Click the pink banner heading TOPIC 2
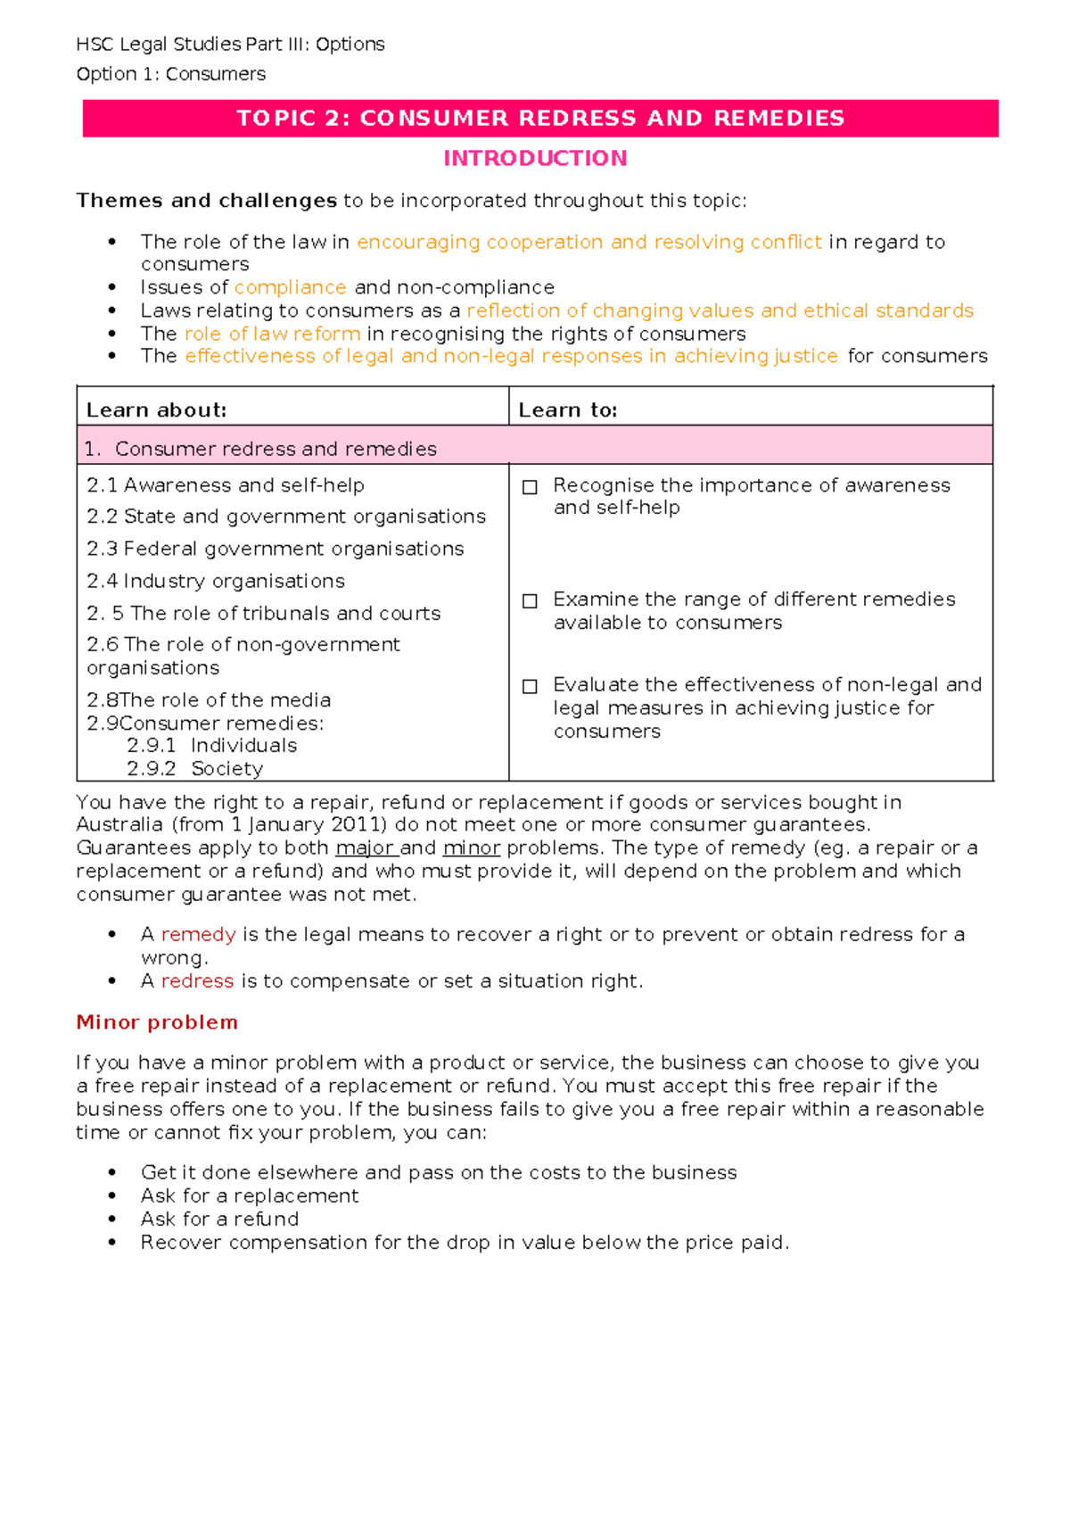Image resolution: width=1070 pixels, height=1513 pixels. tap(539, 119)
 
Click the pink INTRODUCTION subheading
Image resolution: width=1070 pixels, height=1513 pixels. tap(535, 159)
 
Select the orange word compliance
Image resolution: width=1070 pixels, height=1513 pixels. tap(290, 287)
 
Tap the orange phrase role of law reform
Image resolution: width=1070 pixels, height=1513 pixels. tap(272, 334)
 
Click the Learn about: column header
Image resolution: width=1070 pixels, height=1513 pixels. tap(156, 410)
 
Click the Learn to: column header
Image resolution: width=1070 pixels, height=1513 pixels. tap(568, 410)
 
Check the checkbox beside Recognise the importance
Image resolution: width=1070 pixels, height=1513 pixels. tap(530, 487)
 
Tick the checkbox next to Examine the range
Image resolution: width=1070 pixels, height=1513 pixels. tap(530, 601)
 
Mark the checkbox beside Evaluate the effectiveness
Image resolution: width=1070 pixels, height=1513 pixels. tap(530, 686)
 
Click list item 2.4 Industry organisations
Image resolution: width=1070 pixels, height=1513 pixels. tap(215, 582)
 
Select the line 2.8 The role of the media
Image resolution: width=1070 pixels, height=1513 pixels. tap(209, 700)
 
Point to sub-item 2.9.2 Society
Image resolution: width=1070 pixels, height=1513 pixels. tap(194, 769)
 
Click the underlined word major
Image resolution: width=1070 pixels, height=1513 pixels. tap(365, 848)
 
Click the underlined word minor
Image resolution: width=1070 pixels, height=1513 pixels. tap(471, 848)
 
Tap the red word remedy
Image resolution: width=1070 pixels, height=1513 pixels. tap(198, 935)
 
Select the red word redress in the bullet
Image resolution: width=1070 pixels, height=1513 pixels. tap(197, 981)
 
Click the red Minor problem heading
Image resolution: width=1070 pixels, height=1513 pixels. tap(157, 1022)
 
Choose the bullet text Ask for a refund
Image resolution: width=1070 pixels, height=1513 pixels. tap(219, 1219)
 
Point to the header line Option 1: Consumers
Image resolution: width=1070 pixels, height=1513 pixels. tap(171, 74)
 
